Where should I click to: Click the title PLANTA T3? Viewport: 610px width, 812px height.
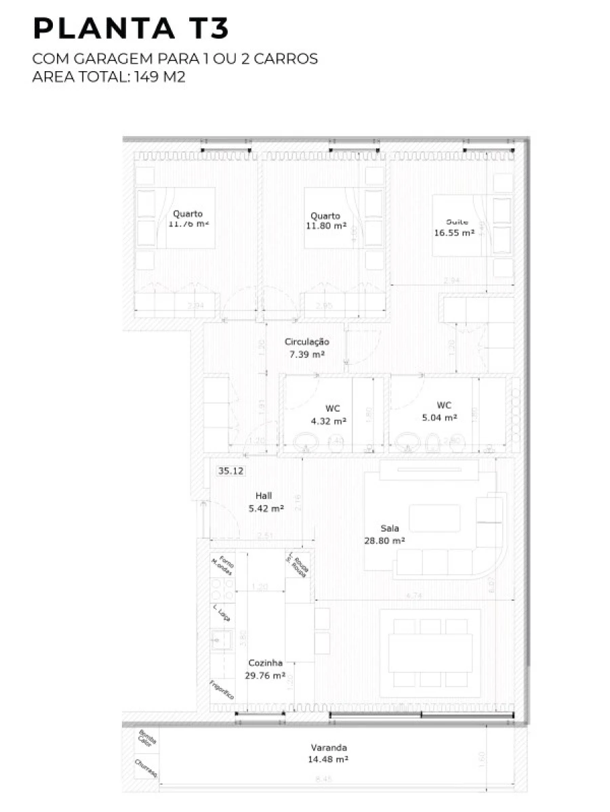pos(131,29)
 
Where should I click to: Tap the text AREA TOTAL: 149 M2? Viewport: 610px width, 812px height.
pos(108,77)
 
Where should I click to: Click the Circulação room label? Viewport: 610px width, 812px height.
pos(306,342)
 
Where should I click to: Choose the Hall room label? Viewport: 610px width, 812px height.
pos(264,496)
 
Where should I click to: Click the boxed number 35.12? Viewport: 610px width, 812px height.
pos(231,471)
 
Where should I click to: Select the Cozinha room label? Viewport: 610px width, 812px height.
pos(265,663)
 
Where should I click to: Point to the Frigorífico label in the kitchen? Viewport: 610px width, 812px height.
pos(222,689)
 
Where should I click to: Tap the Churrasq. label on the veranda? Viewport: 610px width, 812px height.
pos(146,769)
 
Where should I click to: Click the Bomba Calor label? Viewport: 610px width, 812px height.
pos(146,739)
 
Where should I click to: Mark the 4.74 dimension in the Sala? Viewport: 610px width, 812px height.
pos(415,596)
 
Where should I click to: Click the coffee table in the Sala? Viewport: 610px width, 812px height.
pos(434,518)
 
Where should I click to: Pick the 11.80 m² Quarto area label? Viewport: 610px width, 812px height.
pos(326,226)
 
